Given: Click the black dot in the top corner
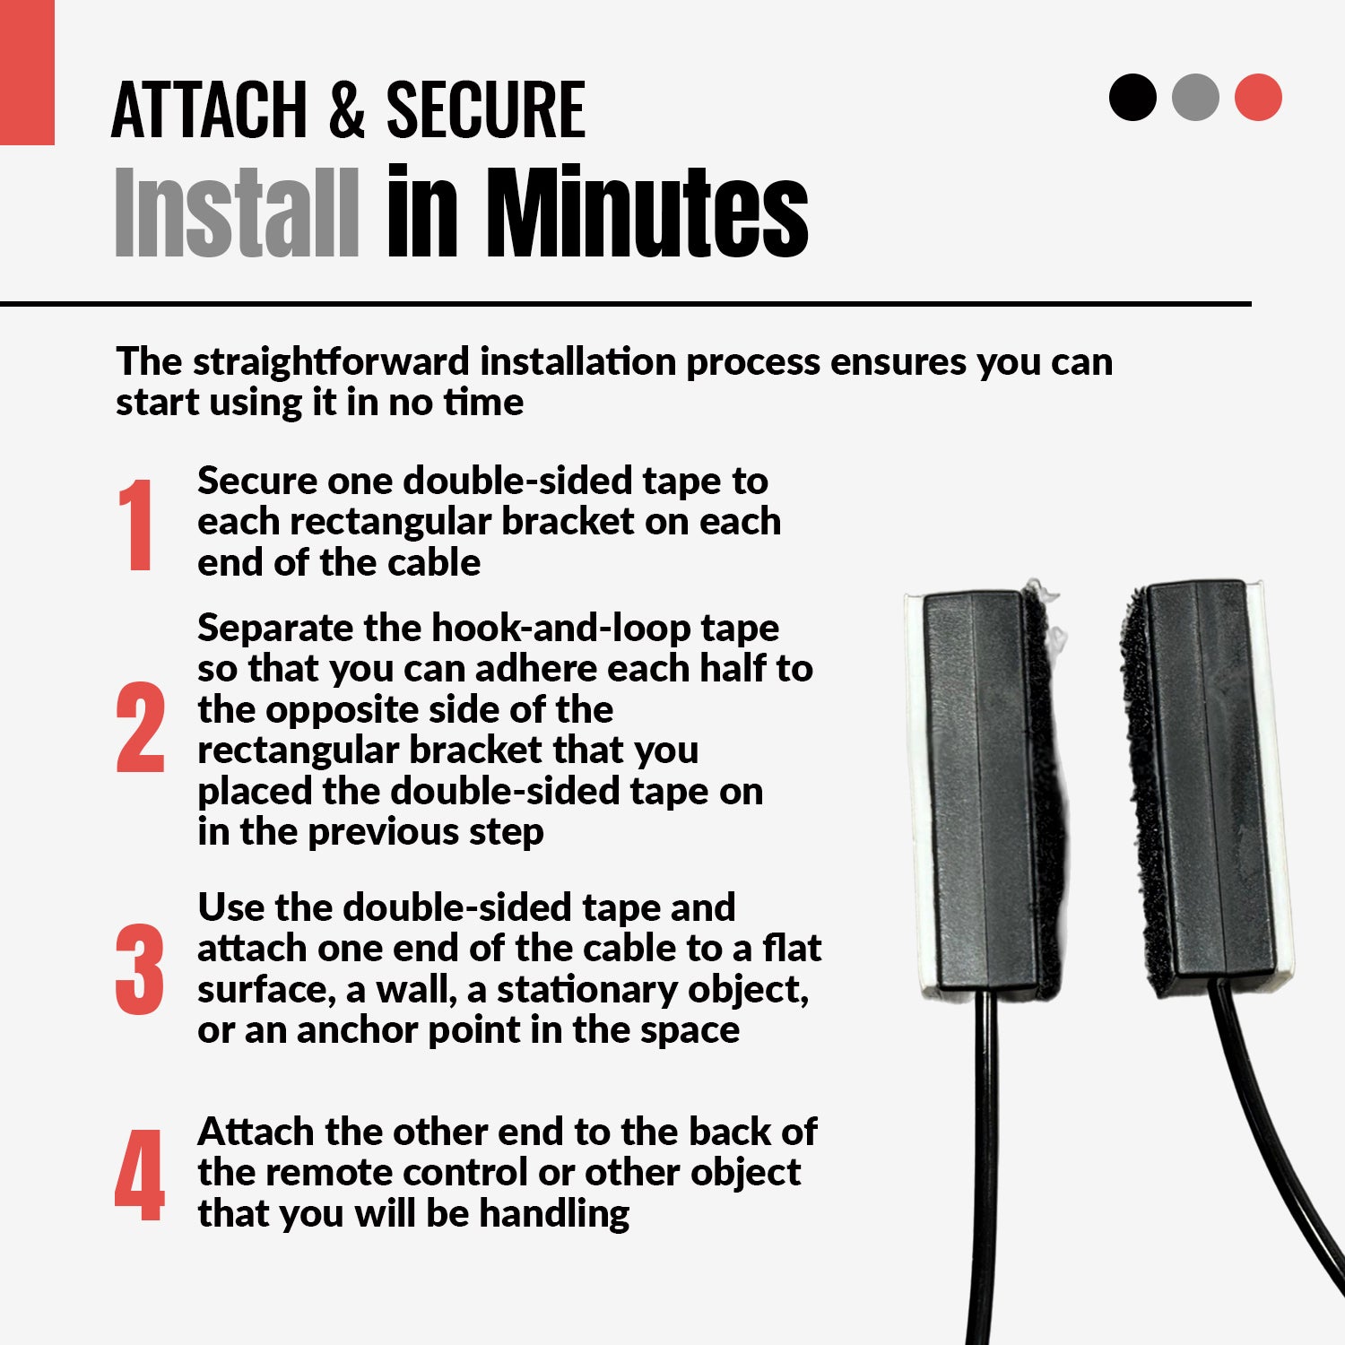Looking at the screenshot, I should (1132, 97).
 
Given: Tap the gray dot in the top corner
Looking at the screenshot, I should (1195, 97).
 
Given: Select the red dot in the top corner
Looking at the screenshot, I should (1258, 97).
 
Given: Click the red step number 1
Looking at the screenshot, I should (136, 525).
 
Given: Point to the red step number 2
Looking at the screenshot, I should (141, 727).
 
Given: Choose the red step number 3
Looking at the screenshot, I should (140, 969).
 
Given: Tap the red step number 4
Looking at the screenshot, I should (140, 1175).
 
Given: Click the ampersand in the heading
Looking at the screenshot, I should (346, 109).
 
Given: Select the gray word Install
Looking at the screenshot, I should (238, 213).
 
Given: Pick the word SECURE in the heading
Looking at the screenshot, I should (486, 109).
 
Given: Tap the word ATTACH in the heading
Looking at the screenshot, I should (209, 109).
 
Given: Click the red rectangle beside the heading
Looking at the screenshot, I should (27, 72).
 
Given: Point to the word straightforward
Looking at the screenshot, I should (331, 362).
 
